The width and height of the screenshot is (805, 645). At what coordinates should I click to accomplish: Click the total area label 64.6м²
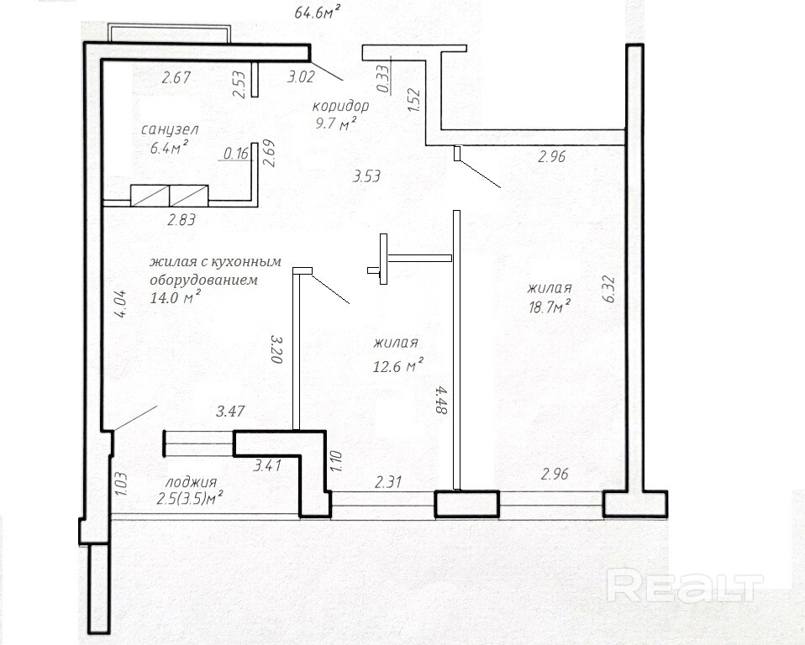[x=318, y=11]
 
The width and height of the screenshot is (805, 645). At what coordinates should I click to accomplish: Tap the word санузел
[x=170, y=129]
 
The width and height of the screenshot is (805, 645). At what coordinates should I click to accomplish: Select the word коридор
[x=340, y=106]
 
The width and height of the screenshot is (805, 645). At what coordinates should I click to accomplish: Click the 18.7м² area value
[x=550, y=307]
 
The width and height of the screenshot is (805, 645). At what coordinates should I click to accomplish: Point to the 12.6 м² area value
[x=398, y=366]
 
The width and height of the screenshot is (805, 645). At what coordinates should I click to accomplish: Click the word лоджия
[x=191, y=483]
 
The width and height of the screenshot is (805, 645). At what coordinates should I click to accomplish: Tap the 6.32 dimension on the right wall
[x=609, y=290]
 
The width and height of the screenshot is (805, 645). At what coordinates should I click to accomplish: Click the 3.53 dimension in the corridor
[x=366, y=176]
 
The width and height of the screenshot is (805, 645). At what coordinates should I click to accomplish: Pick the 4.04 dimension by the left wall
[x=121, y=306]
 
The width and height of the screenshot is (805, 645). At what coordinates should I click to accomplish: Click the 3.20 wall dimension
[x=276, y=349]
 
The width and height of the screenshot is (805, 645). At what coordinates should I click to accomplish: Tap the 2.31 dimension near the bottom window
[x=387, y=482]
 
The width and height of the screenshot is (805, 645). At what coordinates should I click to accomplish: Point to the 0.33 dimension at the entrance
[x=383, y=78]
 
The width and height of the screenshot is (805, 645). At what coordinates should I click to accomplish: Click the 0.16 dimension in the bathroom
[x=236, y=153]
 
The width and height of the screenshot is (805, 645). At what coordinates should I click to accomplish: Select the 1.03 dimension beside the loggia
[x=121, y=483]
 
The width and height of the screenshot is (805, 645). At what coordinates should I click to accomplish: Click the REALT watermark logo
[x=684, y=585]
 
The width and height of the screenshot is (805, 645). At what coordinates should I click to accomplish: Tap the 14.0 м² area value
[x=175, y=297]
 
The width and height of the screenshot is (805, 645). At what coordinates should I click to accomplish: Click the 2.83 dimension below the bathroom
[x=182, y=220]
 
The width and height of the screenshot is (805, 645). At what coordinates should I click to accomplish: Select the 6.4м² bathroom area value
[x=169, y=148]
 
